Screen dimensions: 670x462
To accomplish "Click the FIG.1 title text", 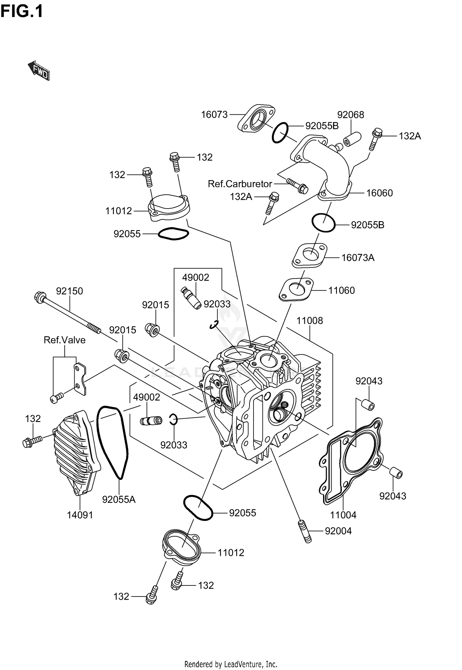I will coord(22,11).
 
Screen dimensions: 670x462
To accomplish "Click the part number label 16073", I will coord(214,115).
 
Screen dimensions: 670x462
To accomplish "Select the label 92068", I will coord(351,115).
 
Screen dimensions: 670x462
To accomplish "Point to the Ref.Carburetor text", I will coord(240,184).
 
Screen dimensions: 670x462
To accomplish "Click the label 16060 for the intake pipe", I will coord(379,193).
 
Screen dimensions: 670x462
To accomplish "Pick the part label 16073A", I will coord(358,258).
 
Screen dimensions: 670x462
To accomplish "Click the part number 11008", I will coord(310,321).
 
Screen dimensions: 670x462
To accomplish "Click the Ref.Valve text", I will coord(65,340).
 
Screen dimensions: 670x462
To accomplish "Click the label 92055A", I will coord(119,499).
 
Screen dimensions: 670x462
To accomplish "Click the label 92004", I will coord(338,531).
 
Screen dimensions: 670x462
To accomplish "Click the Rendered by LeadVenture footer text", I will coord(231,664).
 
